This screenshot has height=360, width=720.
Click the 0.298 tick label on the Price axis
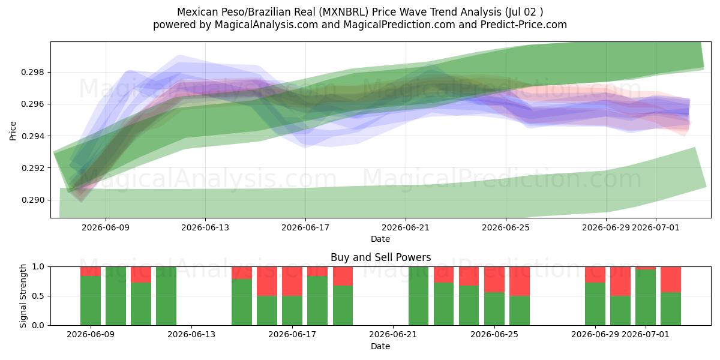[x=32, y=73]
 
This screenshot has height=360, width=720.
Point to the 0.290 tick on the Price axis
[x=32, y=200]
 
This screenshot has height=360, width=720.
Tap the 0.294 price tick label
[x=32, y=136]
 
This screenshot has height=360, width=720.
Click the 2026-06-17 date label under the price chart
[x=305, y=228]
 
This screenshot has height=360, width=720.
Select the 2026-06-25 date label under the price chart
[x=506, y=228]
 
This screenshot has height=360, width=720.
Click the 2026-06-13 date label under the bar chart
[x=191, y=335]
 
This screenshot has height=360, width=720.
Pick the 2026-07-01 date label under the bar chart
[x=646, y=335]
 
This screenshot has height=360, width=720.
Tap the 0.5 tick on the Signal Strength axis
[x=38, y=296]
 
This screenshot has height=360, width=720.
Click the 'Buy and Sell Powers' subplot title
[x=381, y=257]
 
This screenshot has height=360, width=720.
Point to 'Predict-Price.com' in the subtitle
[x=524, y=25]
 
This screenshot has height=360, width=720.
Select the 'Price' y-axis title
[x=13, y=131]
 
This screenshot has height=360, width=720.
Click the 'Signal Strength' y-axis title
[x=23, y=296]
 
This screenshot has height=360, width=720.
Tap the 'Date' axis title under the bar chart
[x=380, y=347]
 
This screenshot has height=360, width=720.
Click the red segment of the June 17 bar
[x=292, y=281]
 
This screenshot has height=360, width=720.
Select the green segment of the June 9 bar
[x=91, y=301]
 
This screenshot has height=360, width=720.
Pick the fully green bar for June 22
[x=419, y=296]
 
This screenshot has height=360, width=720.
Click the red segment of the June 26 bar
[x=520, y=281]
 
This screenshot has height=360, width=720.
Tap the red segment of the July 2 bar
[x=671, y=280]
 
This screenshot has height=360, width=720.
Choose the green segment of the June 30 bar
[x=620, y=311]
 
